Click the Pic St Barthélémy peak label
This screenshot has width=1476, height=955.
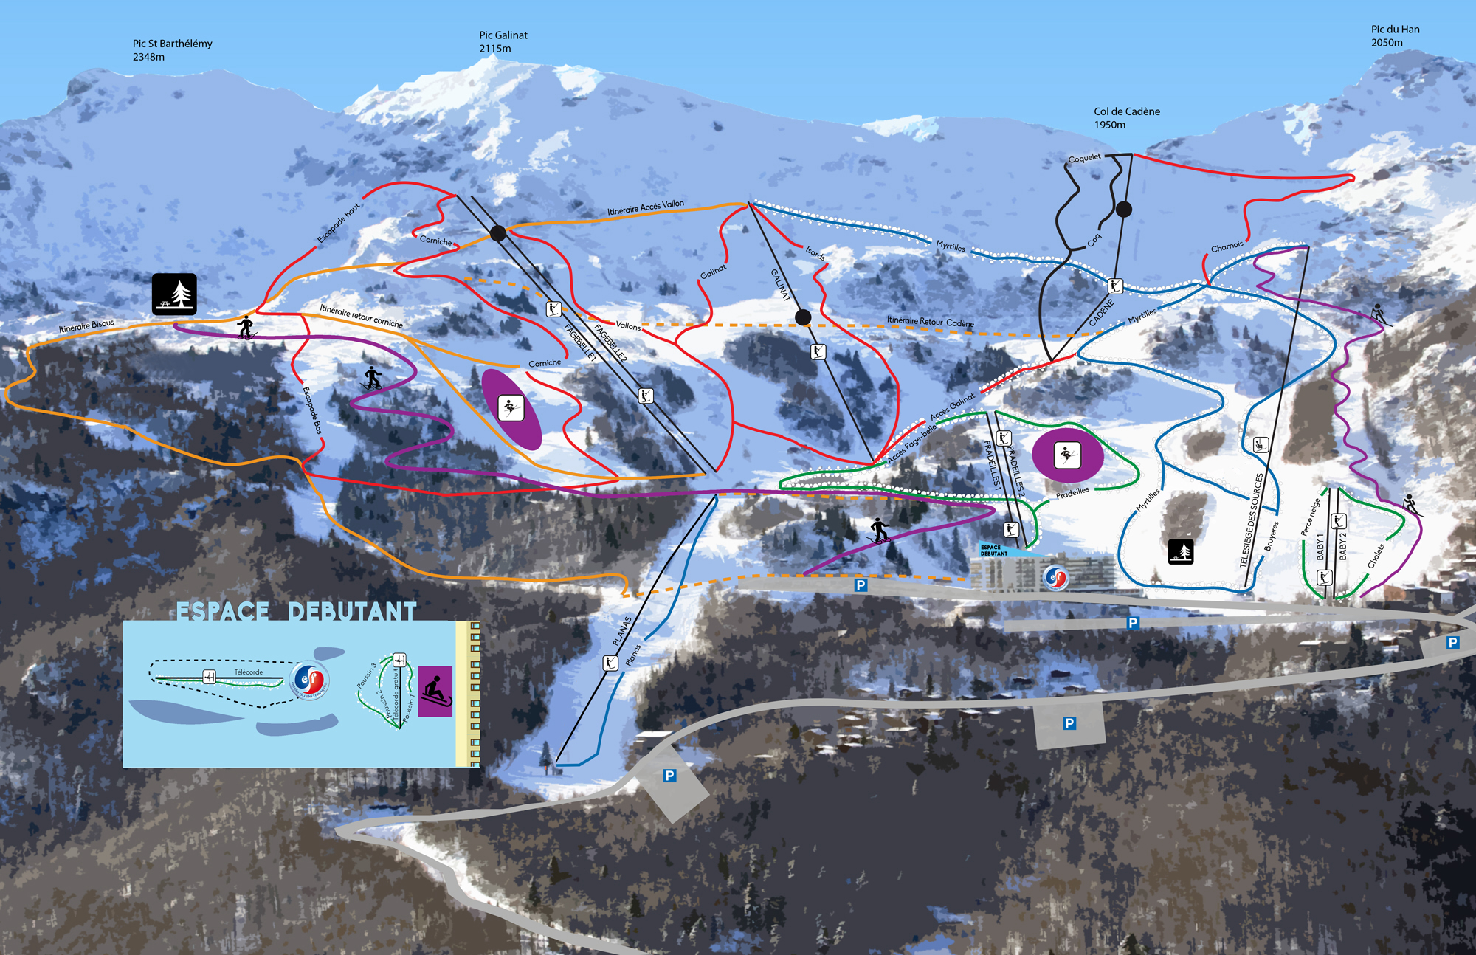(x=172, y=50)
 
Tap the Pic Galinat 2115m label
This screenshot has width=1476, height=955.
(x=503, y=42)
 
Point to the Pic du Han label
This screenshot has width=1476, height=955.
(x=1395, y=35)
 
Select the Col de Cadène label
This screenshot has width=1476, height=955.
(x=1126, y=118)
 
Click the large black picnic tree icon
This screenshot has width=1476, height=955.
(x=174, y=294)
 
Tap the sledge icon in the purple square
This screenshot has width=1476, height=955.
(x=435, y=692)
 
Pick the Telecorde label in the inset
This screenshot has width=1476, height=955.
(x=248, y=672)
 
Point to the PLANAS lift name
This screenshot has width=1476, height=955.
(x=622, y=632)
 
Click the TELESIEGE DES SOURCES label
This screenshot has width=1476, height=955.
(x=1251, y=520)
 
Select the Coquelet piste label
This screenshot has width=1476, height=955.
(x=1084, y=159)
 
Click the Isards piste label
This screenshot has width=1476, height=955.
(x=815, y=253)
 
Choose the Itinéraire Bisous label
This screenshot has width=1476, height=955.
(x=86, y=325)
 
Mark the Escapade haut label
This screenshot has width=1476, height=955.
(x=339, y=223)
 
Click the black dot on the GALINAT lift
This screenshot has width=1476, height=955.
(x=803, y=317)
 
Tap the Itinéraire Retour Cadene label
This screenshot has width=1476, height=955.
(x=930, y=322)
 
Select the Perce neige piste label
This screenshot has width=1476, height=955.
(x=1310, y=517)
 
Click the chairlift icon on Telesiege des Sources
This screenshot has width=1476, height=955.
(x=1261, y=444)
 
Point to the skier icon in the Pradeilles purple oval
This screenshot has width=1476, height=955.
(x=1067, y=455)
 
